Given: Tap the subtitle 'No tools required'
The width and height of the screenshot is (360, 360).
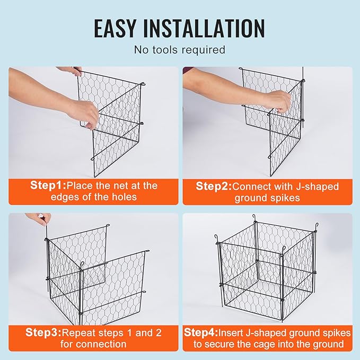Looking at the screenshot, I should click(x=180, y=50).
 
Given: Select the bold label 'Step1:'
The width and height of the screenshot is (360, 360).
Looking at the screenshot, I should click(x=46, y=186).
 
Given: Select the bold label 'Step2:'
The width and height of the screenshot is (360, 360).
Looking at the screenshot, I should click(x=214, y=186).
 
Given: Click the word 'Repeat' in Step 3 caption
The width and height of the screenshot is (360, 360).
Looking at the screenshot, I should click(x=80, y=333).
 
